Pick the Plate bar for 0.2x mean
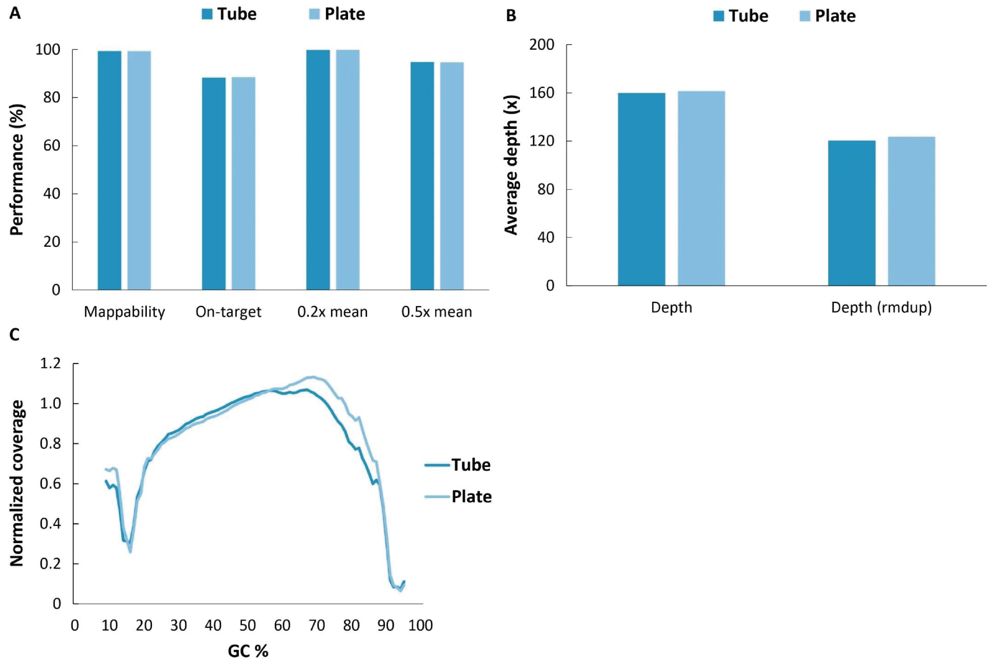click(x=348, y=170)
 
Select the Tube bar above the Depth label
click(x=641, y=189)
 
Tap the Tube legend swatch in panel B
click(x=719, y=16)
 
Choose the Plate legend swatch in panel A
click(x=314, y=14)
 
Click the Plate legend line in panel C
click(x=437, y=496)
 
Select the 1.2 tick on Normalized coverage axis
click(x=51, y=364)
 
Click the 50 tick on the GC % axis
click(x=248, y=625)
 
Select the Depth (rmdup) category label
click(x=881, y=307)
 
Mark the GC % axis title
click(x=248, y=651)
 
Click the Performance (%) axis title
click(x=17, y=170)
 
